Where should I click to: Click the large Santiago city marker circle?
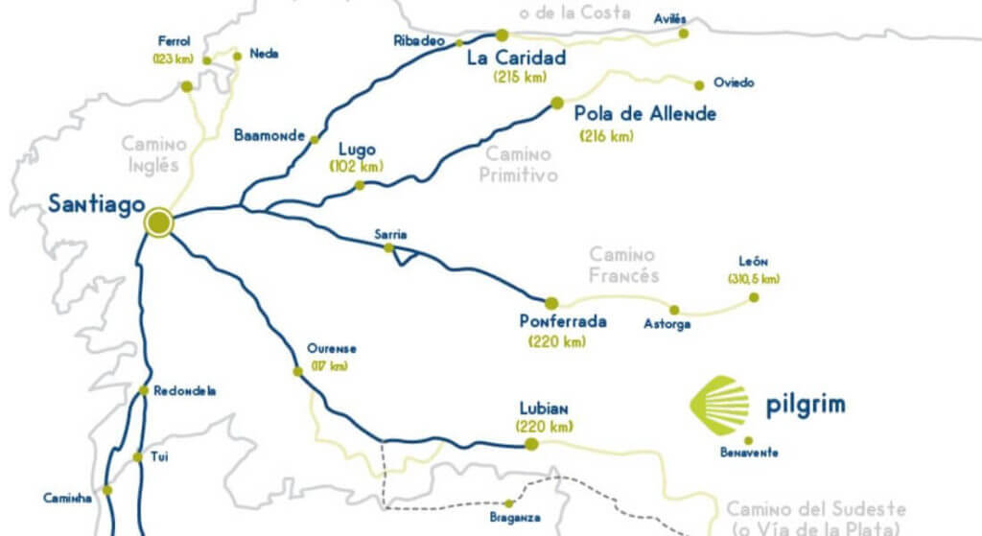coord(158,222)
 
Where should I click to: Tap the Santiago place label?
coord(97,203)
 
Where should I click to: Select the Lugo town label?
coord(357,150)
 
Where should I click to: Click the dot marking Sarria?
coord(388,247)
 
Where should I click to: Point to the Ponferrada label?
coord(562,321)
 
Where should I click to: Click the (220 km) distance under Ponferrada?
coord(556,340)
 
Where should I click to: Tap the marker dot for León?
coord(754,297)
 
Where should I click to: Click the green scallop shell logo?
coord(720,404)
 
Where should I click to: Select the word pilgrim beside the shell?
coord(806,405)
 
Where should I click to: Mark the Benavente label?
coord(748,453)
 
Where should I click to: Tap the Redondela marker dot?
coord(143,390)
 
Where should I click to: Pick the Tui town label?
coord(159,457)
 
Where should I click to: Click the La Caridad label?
coord(516,58)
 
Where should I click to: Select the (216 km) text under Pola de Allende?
coord(607,136)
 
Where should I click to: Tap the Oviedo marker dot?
coord(699,84)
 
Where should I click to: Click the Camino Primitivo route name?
coord(519,164)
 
